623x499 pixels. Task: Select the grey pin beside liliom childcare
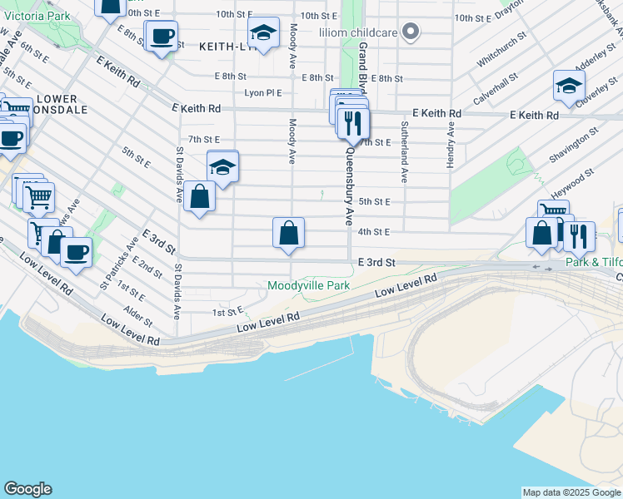(409, 32)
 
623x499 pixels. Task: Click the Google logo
(27, 489)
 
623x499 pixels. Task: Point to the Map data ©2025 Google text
(571, 492)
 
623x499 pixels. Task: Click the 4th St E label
(374, 232)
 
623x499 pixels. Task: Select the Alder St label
(138, 316)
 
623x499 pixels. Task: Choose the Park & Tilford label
(593, 262)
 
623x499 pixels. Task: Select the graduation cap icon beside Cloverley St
(569, 86)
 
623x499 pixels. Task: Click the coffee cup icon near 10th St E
(162, 37)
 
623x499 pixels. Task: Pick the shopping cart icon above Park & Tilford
(552, 213)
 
